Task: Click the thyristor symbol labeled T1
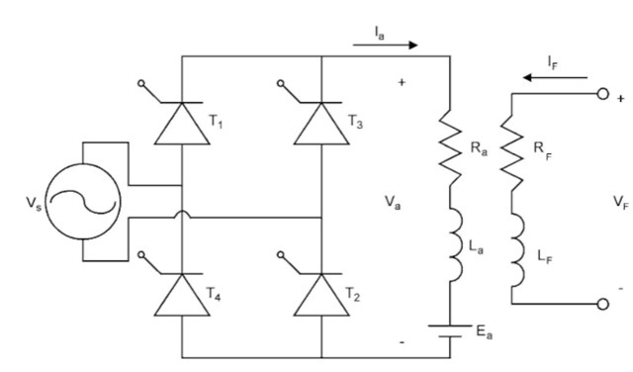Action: click(182, 124)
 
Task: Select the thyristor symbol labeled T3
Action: click(321, 124)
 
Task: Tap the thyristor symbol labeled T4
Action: click(182, 295)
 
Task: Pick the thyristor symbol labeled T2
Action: click(321, 295)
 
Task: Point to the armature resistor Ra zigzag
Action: click(450, 147)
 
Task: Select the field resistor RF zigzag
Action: click(512, 153)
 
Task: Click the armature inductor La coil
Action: click(455, 245)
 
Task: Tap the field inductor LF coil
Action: click(518, 250)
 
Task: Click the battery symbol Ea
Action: click(450, 330)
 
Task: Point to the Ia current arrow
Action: click(385, 45)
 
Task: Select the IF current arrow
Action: click(555, 77)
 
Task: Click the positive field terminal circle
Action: click(602, 94)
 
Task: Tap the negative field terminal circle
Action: click(602, 304)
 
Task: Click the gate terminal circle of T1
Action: click(140, 83)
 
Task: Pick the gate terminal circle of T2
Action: click(281, 254)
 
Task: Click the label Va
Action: click(393, 202)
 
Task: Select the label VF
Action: click(621, 202)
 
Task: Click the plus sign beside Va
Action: click(402, 82)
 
